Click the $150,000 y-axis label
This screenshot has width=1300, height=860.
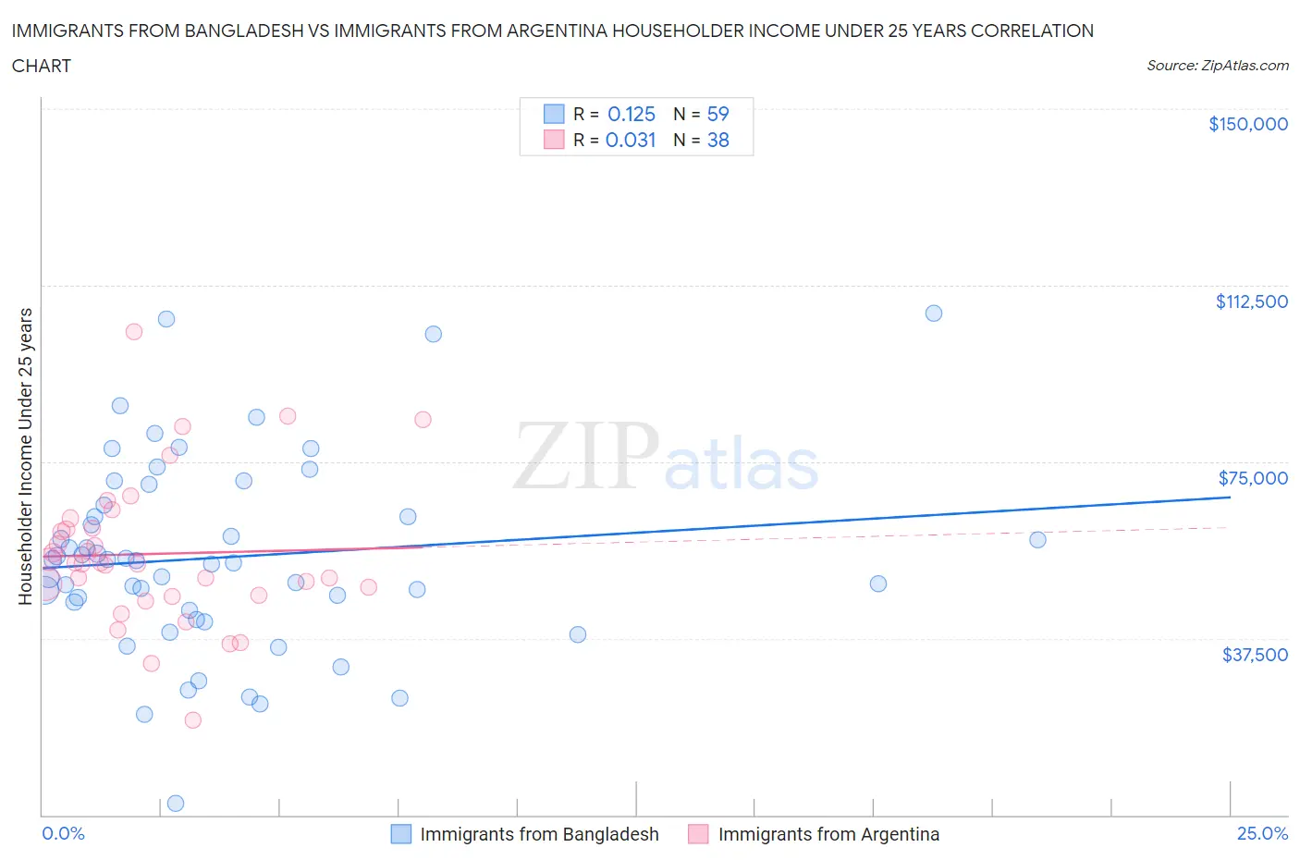point(1247,124)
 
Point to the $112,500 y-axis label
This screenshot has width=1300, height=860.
point(1251,301)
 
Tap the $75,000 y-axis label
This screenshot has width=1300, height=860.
point(1253,478)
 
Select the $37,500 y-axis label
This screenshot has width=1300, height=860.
point(1255,655)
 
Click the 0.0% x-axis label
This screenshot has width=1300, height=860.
point(63,833)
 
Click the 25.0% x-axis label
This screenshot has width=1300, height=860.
point(1262,833)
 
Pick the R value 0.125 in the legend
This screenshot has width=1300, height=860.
point(631,114)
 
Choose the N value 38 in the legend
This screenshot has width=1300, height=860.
point(717,140)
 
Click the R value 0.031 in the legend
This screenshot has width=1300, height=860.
point(631,140)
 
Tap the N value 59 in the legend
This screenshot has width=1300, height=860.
point(717,114)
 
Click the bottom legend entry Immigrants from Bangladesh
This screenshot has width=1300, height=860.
point(539,834)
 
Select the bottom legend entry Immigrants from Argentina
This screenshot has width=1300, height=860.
point(828,834)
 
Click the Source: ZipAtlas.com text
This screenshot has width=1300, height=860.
point(1217,66)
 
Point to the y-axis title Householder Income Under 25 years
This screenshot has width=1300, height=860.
point(25,456)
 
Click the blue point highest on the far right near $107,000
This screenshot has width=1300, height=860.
point(934,313)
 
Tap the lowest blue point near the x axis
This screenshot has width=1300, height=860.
point(176,803)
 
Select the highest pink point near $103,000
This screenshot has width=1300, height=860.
point(134,331)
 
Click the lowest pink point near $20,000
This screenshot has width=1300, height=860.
point(193,719)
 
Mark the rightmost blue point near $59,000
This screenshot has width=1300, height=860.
point(1037,539)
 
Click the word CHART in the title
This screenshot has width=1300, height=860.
point(42,66)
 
